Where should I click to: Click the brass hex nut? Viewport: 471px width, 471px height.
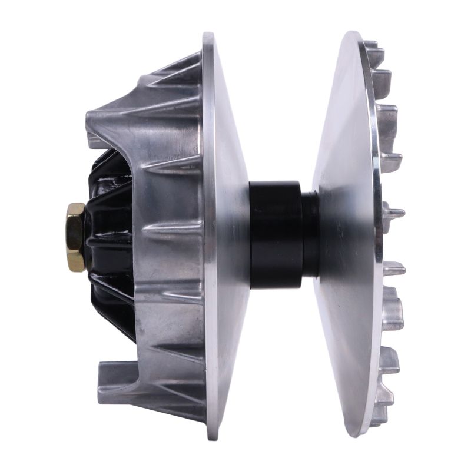coord(76,237)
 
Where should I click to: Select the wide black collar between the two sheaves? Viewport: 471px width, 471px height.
coord(275,234)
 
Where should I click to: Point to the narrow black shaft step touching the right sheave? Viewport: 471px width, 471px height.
coord(310,234)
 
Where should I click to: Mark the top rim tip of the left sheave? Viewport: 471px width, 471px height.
coord(208,37)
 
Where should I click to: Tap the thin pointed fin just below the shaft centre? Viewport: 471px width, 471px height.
coord(393,268)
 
